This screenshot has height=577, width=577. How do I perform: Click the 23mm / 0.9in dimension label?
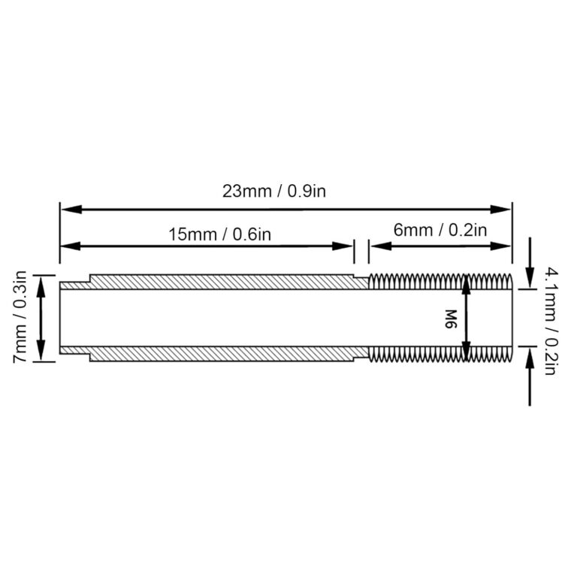pyautogui.click(x=273, y=191)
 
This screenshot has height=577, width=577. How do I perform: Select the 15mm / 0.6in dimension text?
pyautogui.click(x=219, y=233)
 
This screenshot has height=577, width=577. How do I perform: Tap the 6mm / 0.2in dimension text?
pyautogui.click(x=440, y=229)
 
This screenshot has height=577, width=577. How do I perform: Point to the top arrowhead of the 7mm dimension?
pyautogui.click(x=41, y=280)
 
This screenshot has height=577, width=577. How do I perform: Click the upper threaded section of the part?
pyautogui.click(x=440, y=282)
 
